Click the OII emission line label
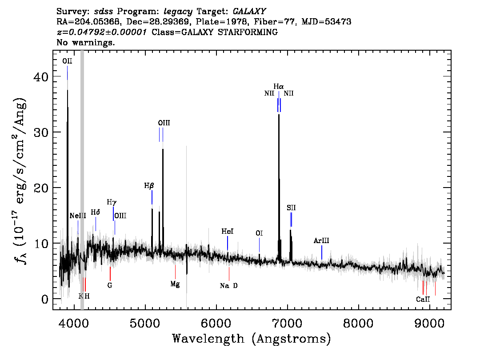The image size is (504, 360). click(67, 61)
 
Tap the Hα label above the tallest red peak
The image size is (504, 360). click(279, 87)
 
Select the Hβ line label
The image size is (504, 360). click(149, 186)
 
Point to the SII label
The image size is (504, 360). click(291, 208)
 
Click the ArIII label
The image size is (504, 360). click(321, 241)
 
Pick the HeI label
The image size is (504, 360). click(228, 232)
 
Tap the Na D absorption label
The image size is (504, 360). click(229, 286)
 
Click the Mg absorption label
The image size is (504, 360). click(175, 284)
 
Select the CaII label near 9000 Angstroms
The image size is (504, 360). click(423, 299)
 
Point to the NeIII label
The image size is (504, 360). click(78, 216)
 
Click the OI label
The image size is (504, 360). click(259, 233)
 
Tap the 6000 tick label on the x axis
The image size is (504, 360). click(216, 323)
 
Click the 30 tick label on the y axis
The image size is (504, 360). click(41, 132)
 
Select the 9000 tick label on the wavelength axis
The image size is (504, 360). click(429, 323)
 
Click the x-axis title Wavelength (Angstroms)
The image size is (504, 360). click(252, 339)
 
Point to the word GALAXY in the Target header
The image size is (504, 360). click(249, 12)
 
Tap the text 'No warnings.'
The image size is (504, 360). click(85, 42)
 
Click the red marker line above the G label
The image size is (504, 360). click(110, 273)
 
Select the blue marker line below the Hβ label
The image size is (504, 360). click(152, 197)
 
